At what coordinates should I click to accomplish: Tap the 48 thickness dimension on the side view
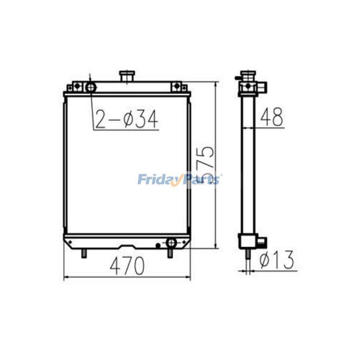point(272,117)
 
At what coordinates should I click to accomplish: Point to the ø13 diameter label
point(276,260)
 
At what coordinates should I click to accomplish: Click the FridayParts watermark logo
point(180,180)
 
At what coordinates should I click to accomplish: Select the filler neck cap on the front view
point(127,76)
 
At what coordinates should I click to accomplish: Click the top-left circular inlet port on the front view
point(91,87)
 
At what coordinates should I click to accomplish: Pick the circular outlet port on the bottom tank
point(171,242)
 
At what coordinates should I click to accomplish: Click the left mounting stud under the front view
point(84,253)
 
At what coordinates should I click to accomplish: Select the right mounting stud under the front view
point(170,253)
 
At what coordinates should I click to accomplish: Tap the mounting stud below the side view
point(248,254)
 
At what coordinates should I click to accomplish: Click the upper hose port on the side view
point(262,86)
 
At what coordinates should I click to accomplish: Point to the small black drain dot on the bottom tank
point(158,245)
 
